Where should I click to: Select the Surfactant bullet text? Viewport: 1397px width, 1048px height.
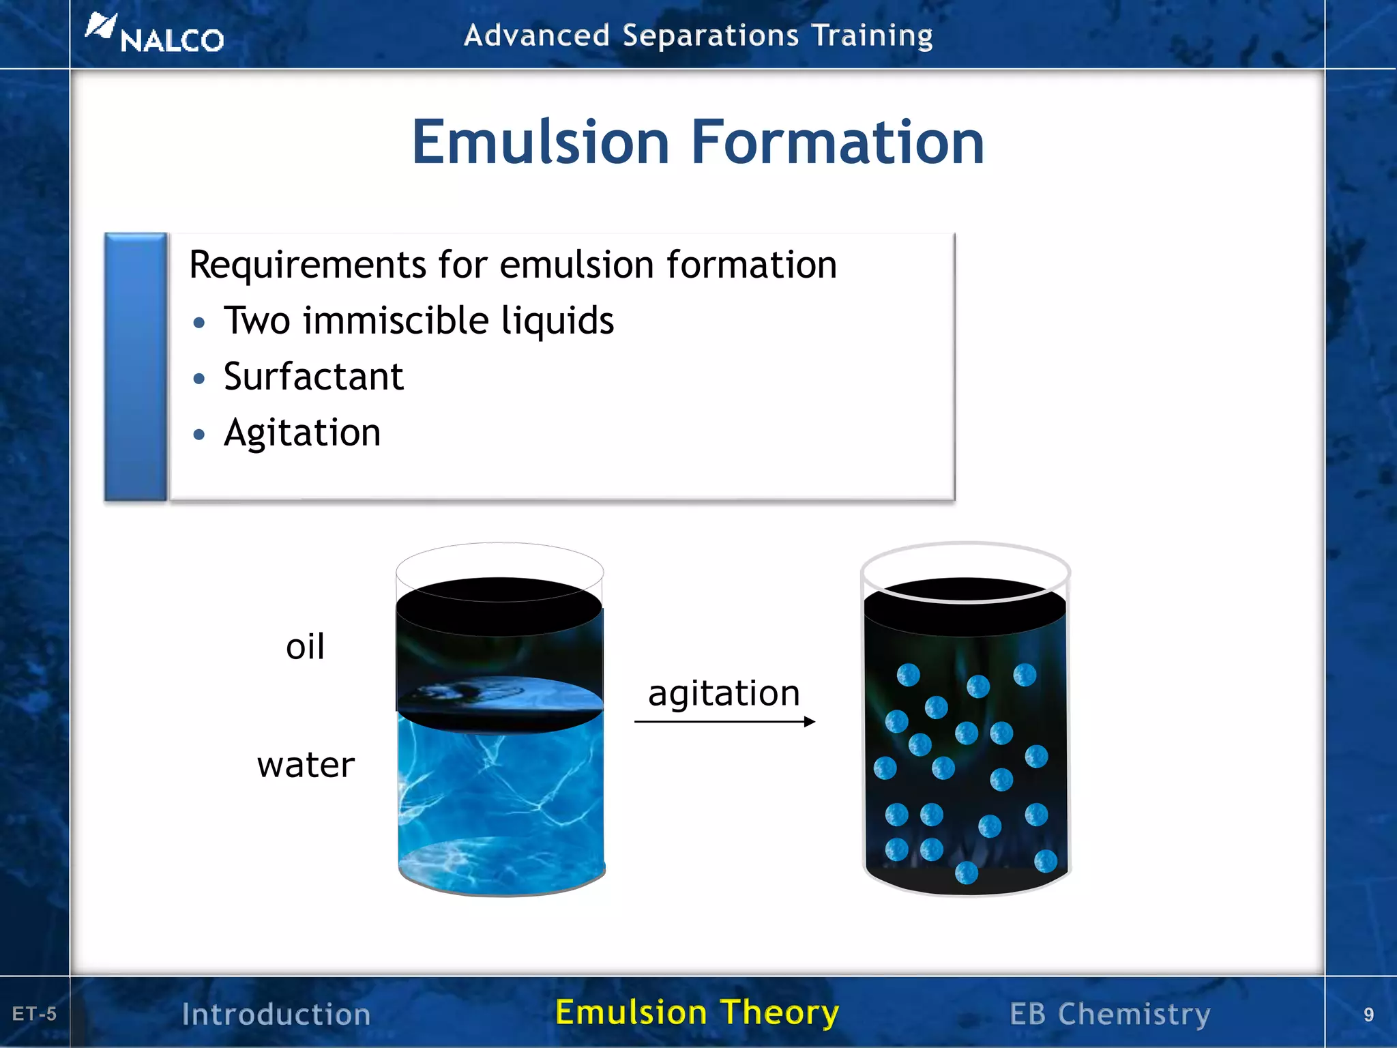pyautogui.click(x=313, y=377)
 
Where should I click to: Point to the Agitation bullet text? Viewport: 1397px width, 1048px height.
pyautogui.click(x=302, y=433)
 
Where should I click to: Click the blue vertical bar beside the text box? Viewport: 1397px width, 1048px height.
pyautogui.click(x=136, y=367)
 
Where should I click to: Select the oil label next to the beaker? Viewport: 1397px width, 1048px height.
pyautogui.click(x=305, y=646)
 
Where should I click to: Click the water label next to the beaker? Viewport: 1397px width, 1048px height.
pyautogui.click(x=306, y=764)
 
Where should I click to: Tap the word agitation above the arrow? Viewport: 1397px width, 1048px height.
pyautogui.click(x=724, y=693)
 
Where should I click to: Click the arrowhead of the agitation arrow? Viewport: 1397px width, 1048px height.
pyautogui.click(x=810, y=721)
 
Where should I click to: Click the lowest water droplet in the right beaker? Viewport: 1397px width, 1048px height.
pyautogui.click(x=967, y=873)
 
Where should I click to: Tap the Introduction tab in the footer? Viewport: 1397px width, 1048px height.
pyautogui.click(x=276, y=1014)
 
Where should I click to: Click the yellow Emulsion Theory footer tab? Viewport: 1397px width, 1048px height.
pyautogui.click(x=697, y=1013)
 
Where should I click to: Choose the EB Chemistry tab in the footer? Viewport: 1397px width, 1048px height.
pyautogui.click(x=1110, y=1014)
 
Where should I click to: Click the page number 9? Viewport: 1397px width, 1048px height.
pyautogui.click(x=1368, y=1015)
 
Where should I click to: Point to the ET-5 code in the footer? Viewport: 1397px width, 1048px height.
pyautogui.click(x=34, y=1014)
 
